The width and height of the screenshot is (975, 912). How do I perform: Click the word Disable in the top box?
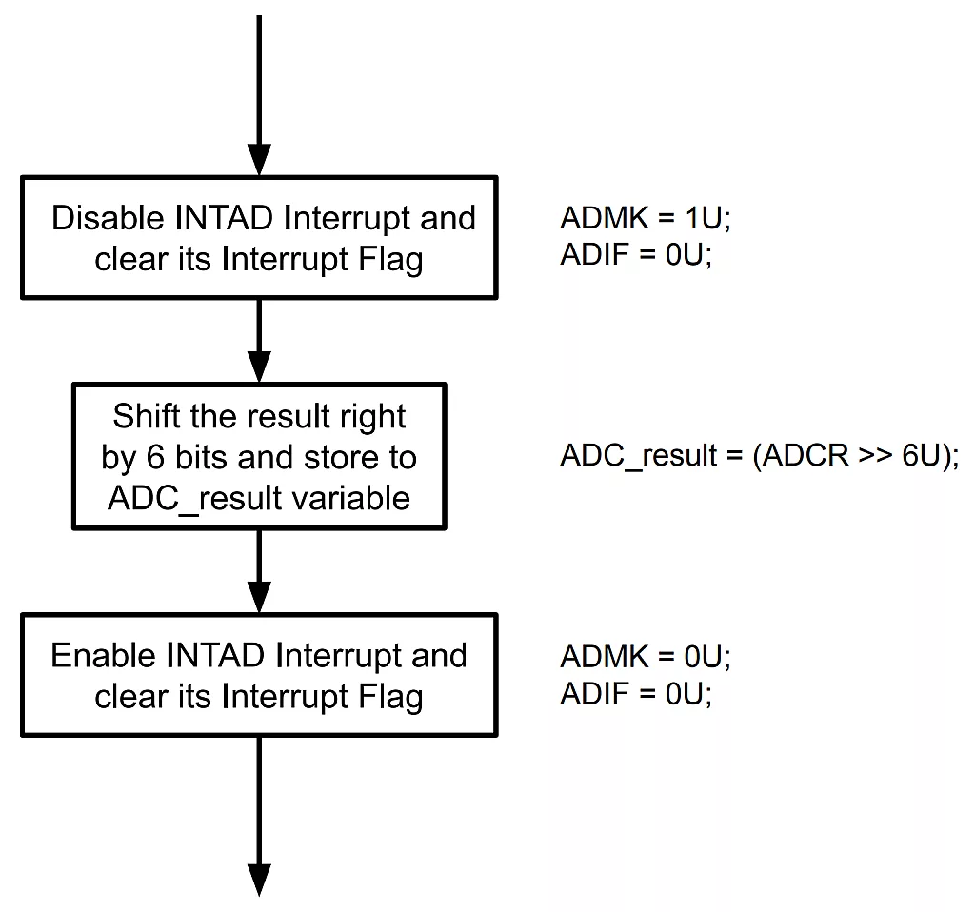click(x=108, y=218)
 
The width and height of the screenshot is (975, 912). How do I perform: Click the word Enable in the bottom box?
click(x=104, y=656)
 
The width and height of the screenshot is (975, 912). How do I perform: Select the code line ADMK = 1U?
click(x=645, y=218)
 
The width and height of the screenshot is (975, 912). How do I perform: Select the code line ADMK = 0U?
click(x=645, y=656)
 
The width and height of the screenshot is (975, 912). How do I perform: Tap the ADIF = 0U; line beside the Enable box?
click(x=636, y=695)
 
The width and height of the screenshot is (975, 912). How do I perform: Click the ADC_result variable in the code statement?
click(x=638, y=456)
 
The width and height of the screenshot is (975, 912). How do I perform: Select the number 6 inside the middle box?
click(x=155, y=457)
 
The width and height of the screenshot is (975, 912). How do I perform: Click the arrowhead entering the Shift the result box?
click(x=259, y=367)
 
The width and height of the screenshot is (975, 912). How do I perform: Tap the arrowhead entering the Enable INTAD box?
click(x=259, y=598)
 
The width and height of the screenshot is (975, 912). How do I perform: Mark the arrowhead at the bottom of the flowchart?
click(x=259, y=878)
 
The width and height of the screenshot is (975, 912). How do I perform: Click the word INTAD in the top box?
click(x=224, y=218)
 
